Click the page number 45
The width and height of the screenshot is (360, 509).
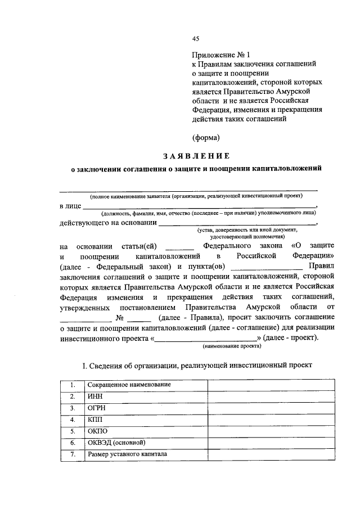195,39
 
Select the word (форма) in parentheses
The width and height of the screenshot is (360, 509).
205,137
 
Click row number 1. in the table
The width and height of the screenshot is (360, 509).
73,384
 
